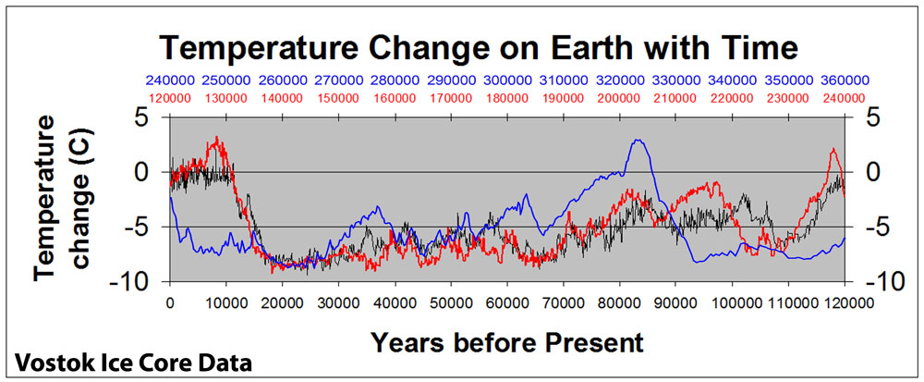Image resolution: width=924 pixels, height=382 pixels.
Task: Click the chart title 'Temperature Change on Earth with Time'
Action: tap(480, 49)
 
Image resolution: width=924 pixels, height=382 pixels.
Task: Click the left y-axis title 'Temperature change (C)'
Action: tap(61, 197)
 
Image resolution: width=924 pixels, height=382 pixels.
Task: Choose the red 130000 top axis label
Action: tap(226, 97)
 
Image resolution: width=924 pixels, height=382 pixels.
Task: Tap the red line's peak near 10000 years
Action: tap(217, 137)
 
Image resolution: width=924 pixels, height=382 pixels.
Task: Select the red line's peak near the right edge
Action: tap(833, 149)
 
